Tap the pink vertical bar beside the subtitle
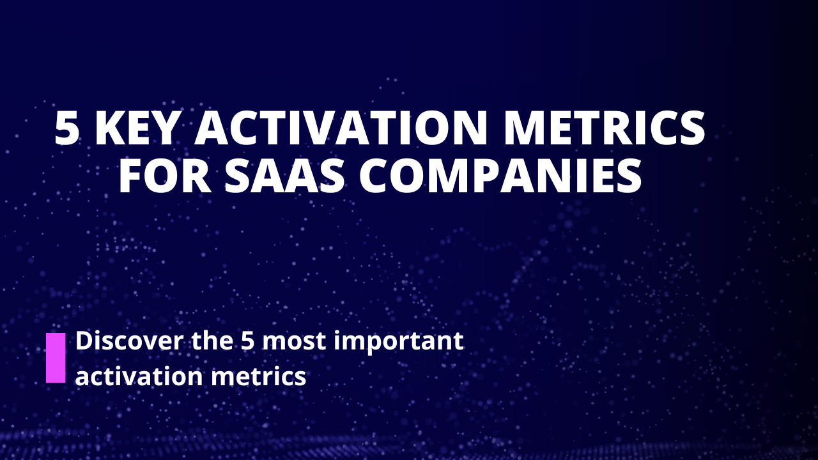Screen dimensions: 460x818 [56, 358]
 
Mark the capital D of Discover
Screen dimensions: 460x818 [84, 341]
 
